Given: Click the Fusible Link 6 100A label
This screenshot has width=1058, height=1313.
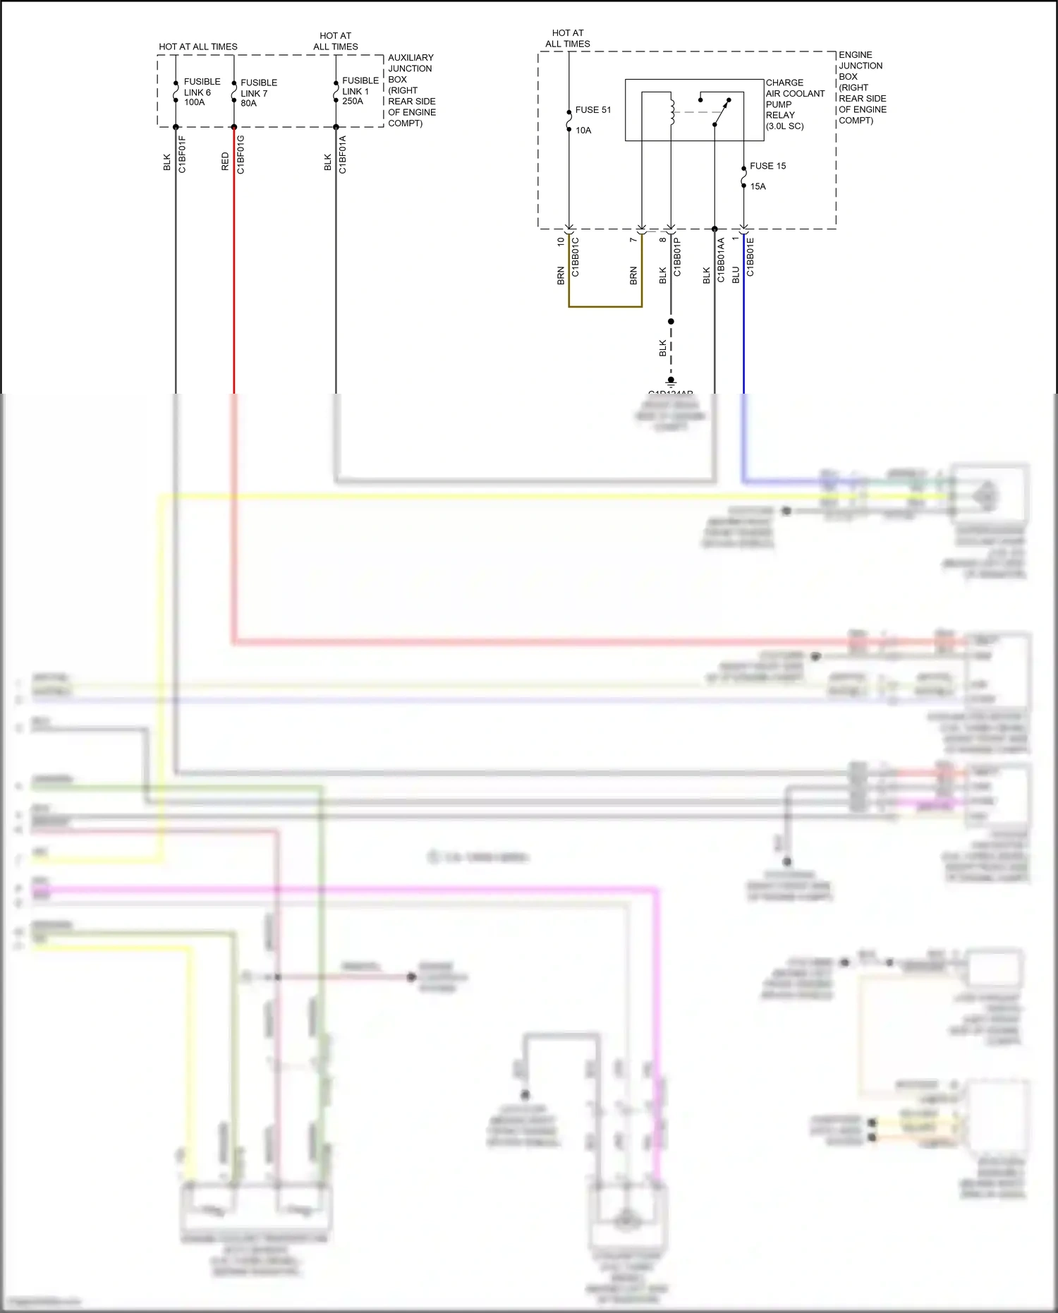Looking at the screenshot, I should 201,92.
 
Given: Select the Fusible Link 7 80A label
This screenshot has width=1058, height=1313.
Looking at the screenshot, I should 258,92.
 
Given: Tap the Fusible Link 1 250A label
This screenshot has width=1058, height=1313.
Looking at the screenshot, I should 360,91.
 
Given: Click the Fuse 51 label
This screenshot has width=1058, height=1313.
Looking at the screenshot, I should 592,110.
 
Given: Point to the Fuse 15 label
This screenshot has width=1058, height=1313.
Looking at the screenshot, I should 767,166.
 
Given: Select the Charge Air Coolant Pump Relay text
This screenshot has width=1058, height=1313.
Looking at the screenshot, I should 794,104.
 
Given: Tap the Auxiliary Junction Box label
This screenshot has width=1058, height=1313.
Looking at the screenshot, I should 411,90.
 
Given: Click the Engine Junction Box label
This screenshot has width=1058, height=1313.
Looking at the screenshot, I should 862,87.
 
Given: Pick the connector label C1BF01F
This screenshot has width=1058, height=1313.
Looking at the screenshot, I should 182,154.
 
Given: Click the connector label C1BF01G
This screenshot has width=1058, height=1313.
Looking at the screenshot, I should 241,154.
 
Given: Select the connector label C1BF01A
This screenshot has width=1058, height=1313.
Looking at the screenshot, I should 343,154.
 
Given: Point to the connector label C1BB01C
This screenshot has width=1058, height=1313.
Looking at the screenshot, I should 576,257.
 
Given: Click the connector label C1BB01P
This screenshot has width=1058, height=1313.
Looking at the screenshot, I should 677,257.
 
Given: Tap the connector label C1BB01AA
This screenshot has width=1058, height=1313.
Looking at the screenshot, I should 721,260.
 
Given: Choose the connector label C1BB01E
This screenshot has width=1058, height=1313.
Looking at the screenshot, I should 750,257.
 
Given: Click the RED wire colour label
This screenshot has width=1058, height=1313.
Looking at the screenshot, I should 226,161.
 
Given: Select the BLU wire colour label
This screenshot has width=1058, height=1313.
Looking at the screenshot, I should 736,275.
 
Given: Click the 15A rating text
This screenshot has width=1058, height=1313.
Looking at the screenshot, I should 758,186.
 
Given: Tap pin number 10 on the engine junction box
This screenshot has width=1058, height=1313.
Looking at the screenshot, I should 561,241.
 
